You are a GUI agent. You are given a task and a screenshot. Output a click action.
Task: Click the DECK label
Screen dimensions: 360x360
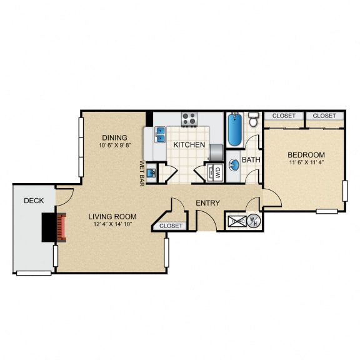pyautogui.click(x=34, y=201)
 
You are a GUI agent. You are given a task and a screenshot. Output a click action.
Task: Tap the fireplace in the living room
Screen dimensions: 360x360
pyautogui.click(x=61, y=227)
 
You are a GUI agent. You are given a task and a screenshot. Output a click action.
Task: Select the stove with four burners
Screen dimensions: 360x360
pyautogui.click(x=189, y=119)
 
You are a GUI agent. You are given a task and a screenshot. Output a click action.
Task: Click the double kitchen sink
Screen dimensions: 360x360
pyautogui.click(x=160, y=135)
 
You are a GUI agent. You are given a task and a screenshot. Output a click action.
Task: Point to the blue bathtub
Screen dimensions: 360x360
pyautogui.click(x=235, y=130)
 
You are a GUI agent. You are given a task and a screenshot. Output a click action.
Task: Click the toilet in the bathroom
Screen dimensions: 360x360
pyautogui.click(x=253, y=119)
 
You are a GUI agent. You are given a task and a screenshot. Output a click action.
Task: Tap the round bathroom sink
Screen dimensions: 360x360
pyautogui.click(x=234, y=165)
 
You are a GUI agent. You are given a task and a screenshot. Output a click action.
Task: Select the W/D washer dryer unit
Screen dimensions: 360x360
pyautogui.click(x=214, y=172)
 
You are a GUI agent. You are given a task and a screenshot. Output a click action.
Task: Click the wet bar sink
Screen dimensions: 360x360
pyautogui.click(x=151, y=173)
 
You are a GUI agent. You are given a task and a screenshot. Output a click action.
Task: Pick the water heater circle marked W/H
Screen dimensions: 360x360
pyautogui.click(x=254, y=221)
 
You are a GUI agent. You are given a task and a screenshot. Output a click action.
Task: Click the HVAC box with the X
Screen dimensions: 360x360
pyautogui.click(x=237, y=221)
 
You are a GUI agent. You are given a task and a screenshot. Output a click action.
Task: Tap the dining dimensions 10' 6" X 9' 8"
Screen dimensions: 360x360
pyautogui.click(x=115, y=145)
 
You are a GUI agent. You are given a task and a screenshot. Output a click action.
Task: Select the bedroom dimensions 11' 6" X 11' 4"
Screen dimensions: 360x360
pyautogui.click(x=306, y=162)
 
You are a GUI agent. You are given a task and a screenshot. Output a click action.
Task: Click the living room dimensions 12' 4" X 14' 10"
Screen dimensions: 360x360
pyautogui.click(x=112, y=224)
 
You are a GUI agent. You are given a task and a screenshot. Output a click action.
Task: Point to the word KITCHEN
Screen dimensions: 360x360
pyautogui.click(x=189, y=144)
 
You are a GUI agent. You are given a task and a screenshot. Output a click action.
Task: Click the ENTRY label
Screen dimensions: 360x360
pyautogui.click(x=207, y=203)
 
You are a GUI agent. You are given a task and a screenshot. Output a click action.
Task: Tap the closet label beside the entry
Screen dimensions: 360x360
pyautogui.click(x=171, y=226)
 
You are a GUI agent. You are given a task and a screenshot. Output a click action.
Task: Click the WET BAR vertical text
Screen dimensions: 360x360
pyautogui.click(x=142, y=173)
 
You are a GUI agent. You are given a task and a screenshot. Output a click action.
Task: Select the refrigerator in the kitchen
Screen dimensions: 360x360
pyautogui.click(x=216, y=152)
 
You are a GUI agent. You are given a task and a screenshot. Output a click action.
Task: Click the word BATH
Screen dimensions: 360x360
pyautogui.click(x=251, y=160)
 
